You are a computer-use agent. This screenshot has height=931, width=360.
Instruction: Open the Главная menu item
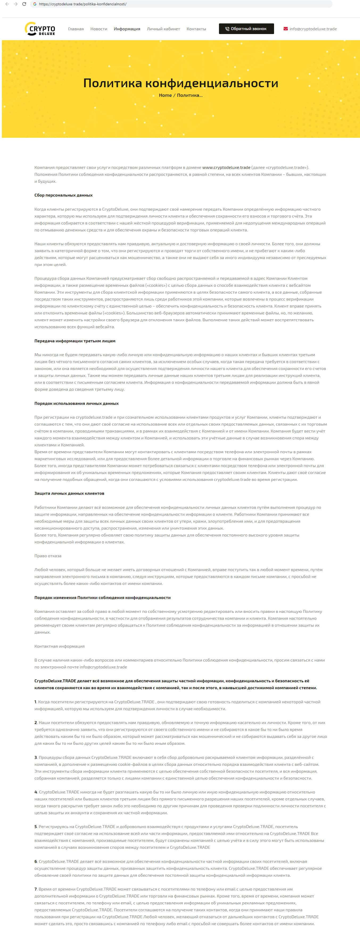tap(76, 29)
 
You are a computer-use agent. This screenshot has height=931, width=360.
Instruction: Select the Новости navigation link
tap(99, 29)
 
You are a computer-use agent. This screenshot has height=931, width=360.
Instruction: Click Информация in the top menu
tap(127, 29)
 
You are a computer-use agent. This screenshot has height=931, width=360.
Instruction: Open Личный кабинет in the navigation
tap(163, 29)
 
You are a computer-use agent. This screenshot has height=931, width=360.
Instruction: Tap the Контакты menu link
tap(196, 29)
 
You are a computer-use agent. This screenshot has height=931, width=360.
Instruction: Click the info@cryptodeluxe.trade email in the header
tap(313, 29)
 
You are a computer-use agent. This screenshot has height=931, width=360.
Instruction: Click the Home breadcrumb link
tap(165, 95)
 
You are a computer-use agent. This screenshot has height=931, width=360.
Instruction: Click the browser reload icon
tap(24, 4)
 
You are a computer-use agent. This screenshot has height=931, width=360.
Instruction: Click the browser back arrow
tap(7, 4)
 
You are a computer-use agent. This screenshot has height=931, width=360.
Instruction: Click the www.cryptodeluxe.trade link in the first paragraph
tap(226, 167)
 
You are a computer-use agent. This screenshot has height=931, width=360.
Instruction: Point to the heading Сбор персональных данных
tap(63, 195)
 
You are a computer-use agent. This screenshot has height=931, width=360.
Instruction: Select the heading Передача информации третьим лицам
tap(75, 341)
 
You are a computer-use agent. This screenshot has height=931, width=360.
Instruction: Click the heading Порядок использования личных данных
tap(76, 403)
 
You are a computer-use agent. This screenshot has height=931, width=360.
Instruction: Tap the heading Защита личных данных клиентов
tap(69, 493)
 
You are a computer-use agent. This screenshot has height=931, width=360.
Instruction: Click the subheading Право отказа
tap(48, 556)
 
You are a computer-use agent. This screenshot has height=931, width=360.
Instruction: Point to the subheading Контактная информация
tap(59, 646)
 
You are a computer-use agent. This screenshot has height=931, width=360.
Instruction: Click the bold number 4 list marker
tap(36, 792)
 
